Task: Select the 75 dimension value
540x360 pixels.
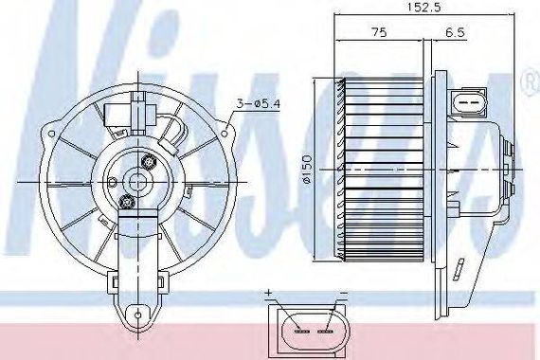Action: coord(379,32)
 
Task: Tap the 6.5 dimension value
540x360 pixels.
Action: coord(455,33)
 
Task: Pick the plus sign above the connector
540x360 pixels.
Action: coord(269,293)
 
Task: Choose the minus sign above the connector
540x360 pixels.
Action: coord(344,293)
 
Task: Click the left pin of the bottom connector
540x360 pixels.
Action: coord(302,331)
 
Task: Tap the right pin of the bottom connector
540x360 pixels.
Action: coord(325,331)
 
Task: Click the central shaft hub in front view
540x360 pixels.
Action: coord(138,182)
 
